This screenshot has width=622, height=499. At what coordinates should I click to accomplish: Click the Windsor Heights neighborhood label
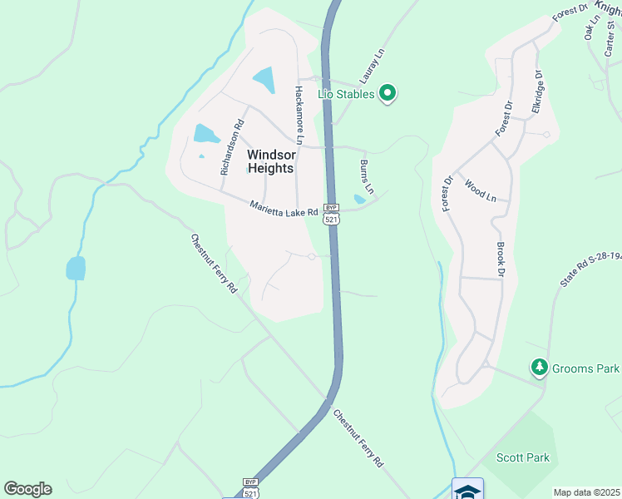point(271,161)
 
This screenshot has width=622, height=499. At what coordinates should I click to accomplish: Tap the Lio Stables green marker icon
point(388,94)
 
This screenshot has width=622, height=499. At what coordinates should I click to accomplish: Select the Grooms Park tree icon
point(540,367)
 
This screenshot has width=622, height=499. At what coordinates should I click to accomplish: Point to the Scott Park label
point(523,457)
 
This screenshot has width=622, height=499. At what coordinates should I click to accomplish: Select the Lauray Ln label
point(374,63)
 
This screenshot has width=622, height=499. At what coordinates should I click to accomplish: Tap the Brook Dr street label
point(501,259)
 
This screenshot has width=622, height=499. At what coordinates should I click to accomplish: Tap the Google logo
point(27,489)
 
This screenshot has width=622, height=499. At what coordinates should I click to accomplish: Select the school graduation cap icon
point(467,490)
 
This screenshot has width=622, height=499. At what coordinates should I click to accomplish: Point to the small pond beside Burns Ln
point(359,200)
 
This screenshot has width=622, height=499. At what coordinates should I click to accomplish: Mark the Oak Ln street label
point(591,29)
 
